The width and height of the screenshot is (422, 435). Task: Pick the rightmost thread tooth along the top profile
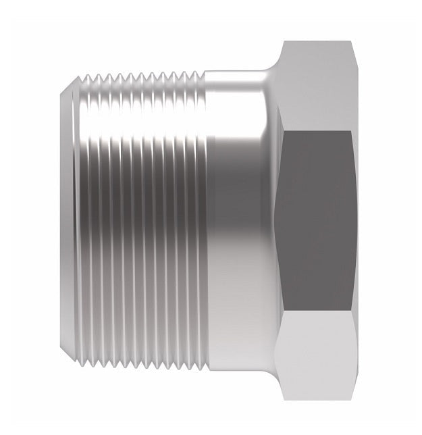[x=198, y=71]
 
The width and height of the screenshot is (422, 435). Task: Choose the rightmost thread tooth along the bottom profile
[x=198, y=365]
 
